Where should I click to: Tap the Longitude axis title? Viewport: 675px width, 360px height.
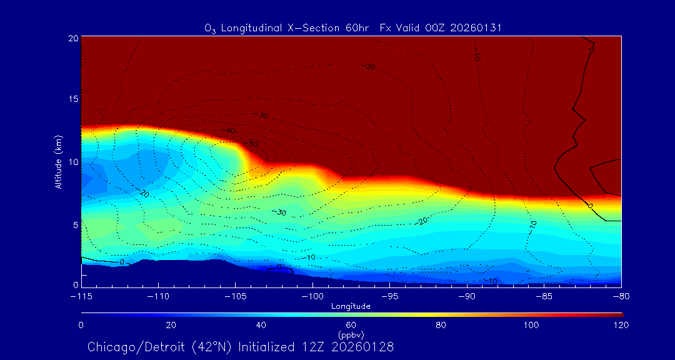point(351,306)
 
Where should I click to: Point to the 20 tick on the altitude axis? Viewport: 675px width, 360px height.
point(72,38)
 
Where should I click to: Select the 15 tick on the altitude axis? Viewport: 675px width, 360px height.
point(72,99)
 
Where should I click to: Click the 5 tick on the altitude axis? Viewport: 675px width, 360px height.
point(75,224)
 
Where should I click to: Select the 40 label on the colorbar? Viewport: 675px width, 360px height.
point(261,325)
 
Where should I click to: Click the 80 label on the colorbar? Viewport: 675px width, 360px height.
point(442,325)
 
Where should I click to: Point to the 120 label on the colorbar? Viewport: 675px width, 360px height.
point(621,325)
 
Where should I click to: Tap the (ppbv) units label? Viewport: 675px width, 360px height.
point(351,335)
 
